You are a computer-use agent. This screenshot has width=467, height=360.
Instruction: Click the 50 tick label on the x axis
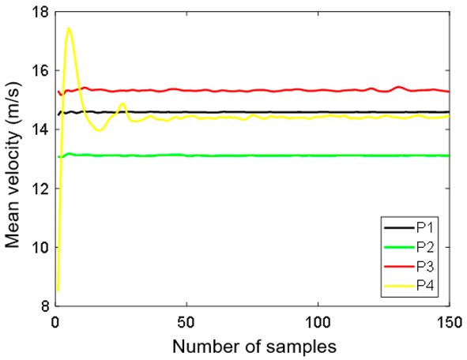(186, 323)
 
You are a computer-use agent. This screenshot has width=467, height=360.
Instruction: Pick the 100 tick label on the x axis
(318, 323)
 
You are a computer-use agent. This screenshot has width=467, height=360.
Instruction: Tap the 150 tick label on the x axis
(449, 323)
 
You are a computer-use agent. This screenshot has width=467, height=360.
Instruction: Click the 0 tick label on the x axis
(55, 323)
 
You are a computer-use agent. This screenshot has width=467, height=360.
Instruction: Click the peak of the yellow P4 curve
(69, 28)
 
